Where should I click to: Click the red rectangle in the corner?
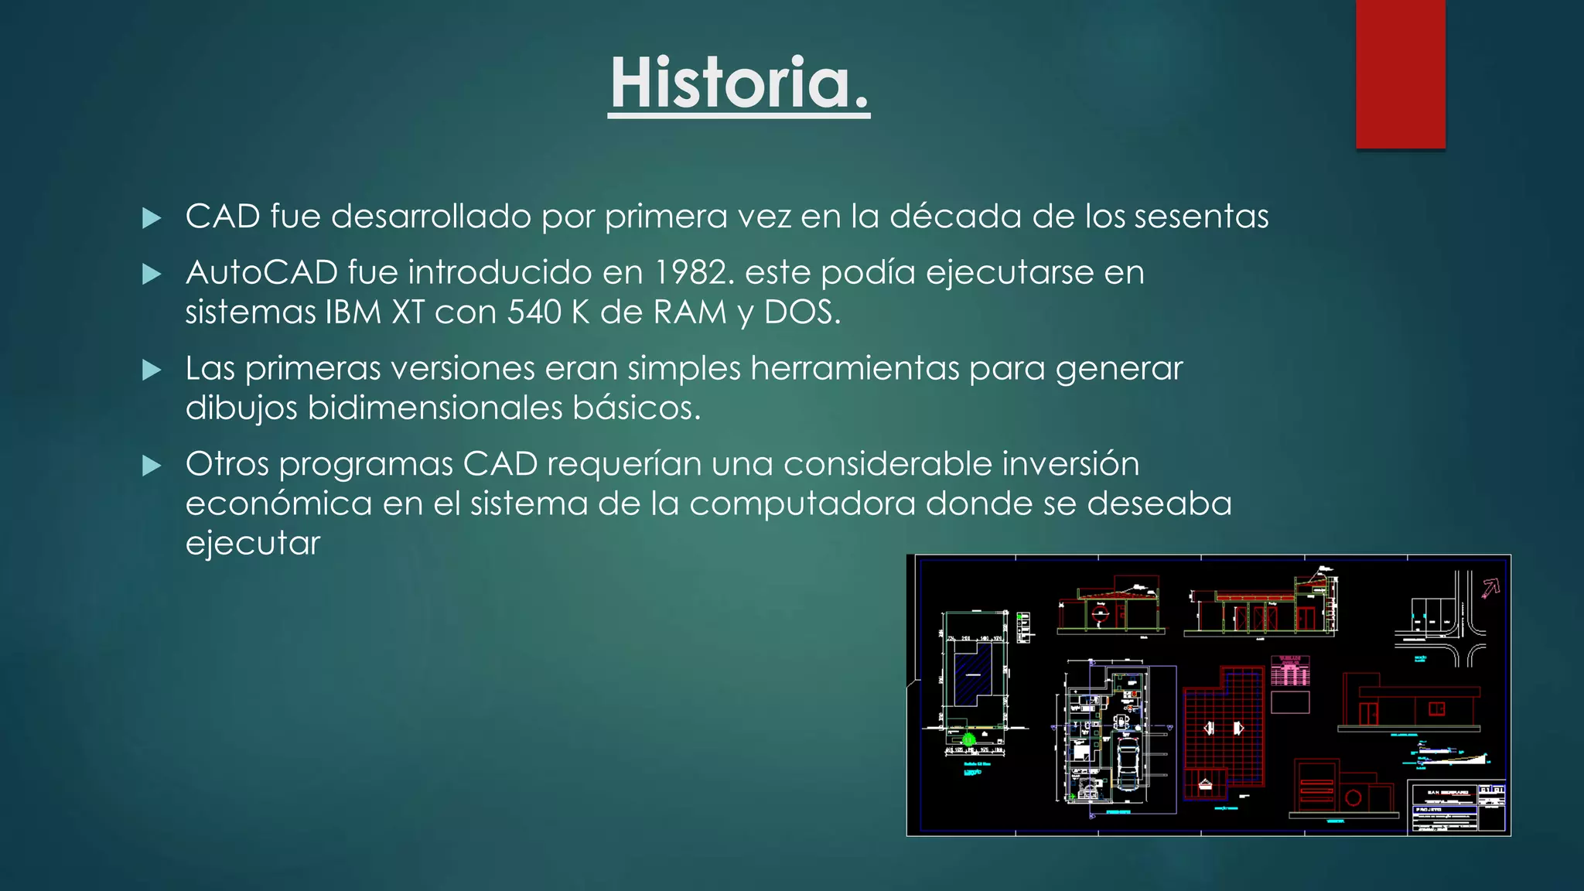coord(1400,73)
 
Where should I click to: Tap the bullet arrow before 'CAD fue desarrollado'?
coord(152,218)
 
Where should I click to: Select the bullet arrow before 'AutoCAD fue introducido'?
coord(152,274)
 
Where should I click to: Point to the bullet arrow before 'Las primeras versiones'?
coord(152,370)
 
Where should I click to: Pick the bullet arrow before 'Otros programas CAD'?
coord(152,466)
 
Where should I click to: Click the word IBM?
coord(353,312)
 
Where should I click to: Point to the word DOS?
coord(801,312)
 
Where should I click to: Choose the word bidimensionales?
coord(435,408)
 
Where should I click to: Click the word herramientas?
coord(855,368)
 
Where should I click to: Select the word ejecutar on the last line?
coord(252,544)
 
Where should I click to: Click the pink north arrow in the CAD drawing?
coord(1490,589)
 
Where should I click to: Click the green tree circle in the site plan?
coord(968,739)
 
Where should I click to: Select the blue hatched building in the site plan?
coord(972,674)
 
